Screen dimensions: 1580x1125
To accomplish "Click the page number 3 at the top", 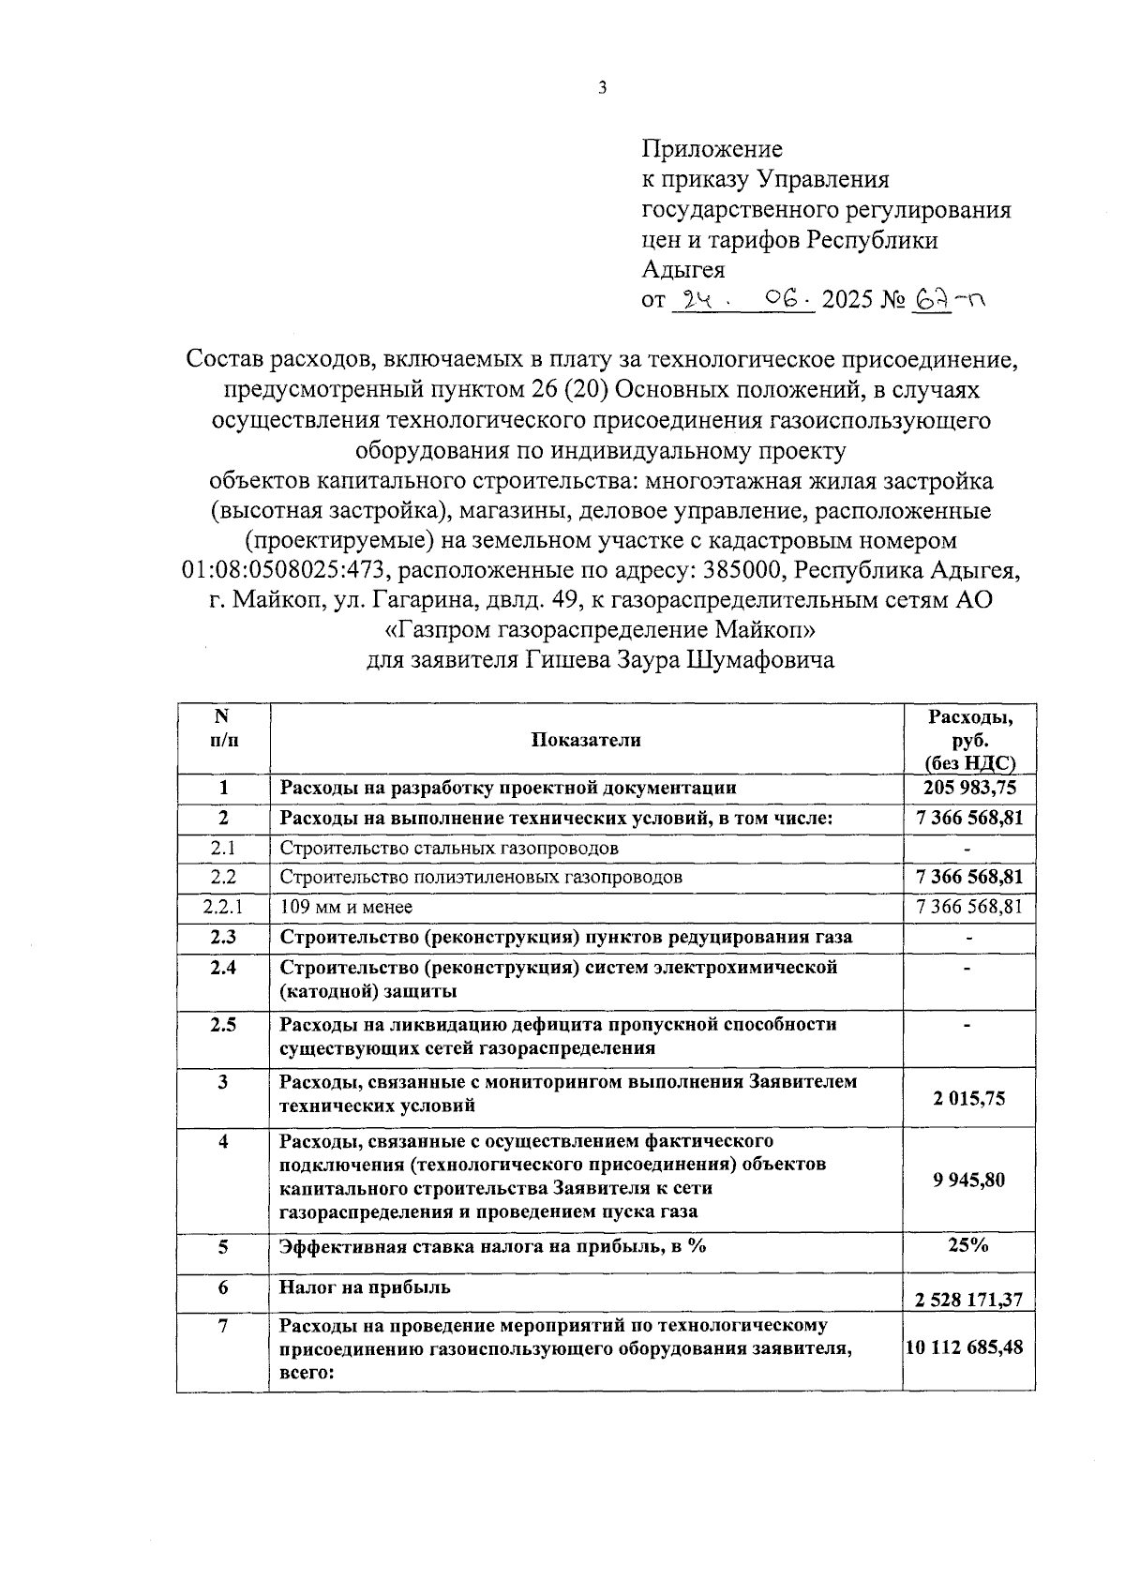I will point(602,88).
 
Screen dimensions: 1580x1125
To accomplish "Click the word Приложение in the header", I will point(712,149).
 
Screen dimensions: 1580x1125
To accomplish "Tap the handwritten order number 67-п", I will point(948,300).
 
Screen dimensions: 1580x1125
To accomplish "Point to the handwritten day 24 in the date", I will point(697,300).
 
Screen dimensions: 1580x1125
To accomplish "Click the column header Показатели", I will point(586,740).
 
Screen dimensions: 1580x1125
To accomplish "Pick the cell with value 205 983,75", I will point(969,788).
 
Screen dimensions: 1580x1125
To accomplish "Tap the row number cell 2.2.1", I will point(222,907).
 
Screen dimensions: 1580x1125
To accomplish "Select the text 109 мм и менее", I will point(346,907).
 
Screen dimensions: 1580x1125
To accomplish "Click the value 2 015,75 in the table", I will point(968,1097).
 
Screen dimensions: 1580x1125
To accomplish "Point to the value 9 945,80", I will point(968,1180).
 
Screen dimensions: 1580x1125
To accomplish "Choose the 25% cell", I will point(968,1245).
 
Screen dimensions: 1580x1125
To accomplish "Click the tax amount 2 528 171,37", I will point(968,1300).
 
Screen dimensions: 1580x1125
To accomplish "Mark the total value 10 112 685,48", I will point(968,1347).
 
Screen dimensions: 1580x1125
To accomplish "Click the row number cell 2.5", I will point(222,1024).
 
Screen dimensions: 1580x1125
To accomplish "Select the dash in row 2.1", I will point(968,849).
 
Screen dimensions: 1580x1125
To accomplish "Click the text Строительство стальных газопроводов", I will point(449,848).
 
